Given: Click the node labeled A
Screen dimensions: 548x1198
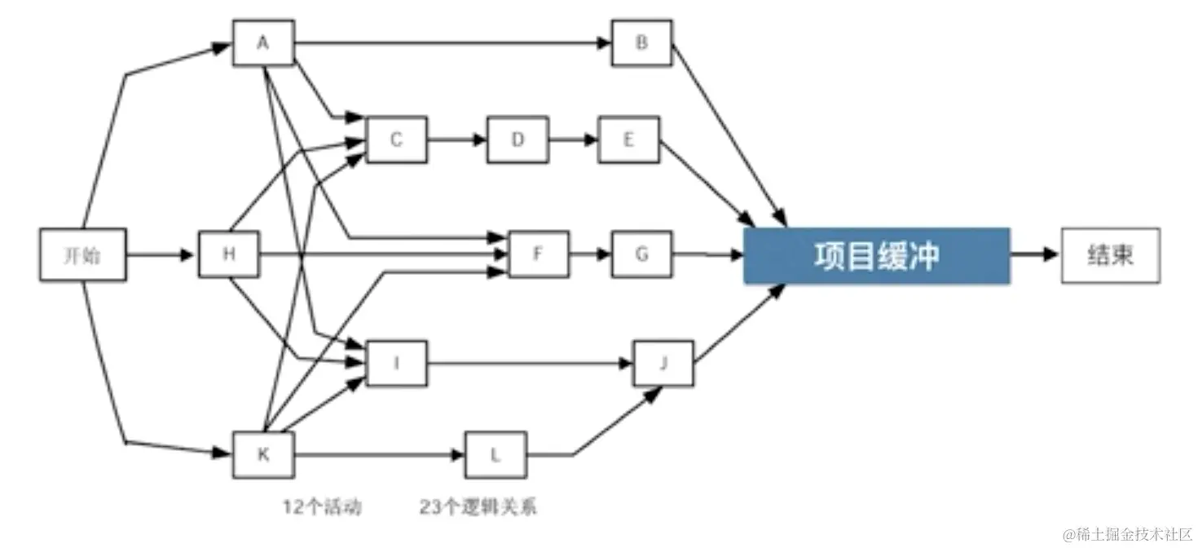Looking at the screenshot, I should click(263, 42).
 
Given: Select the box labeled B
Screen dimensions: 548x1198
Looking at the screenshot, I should click(642, 42).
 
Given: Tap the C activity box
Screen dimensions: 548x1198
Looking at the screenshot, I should click(396, 139).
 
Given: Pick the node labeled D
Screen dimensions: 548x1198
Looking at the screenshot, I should click(518, 139).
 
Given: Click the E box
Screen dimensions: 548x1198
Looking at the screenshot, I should click(629, 139).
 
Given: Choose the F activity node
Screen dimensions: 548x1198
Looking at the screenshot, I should click(539, 254).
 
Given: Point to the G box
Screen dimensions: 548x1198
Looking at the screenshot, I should click(642, 254).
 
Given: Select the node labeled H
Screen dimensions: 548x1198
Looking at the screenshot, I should click(229, 254).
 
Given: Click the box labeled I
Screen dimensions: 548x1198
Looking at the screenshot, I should click(396, 363).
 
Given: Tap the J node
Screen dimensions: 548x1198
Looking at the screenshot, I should click(663, 363).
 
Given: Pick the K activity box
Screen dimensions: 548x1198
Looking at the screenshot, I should click(263, 454).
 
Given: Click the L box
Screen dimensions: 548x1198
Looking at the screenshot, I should click(495, 454).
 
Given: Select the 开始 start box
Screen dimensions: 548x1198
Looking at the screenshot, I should click(83, 254).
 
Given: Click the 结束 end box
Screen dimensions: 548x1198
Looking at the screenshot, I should click(1110, 254).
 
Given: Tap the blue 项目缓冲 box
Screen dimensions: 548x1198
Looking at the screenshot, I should click(876, 255).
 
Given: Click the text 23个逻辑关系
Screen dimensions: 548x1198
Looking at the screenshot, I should click(478, 507).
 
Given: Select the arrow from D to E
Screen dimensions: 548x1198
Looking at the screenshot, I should click(573, 139).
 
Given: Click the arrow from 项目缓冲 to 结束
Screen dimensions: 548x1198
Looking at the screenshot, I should click(1035, 254).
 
